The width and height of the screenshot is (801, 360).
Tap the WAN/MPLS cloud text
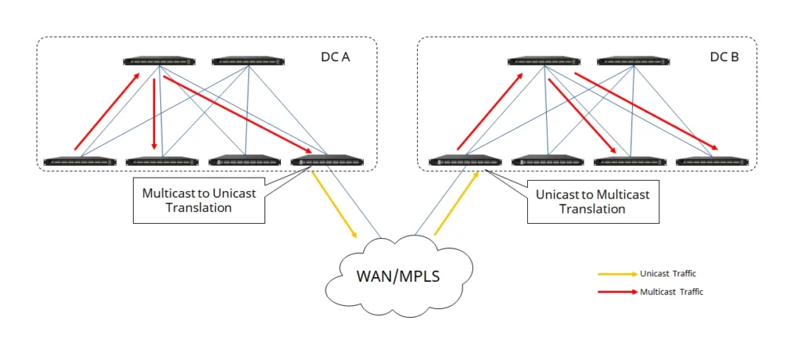click(400, 277)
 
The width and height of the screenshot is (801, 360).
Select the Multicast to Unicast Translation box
click(198, 200)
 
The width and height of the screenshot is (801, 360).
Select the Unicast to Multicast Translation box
click(592, 201)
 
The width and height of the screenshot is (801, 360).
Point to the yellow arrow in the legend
click(616, 274)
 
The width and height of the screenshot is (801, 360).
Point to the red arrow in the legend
click(616, 291)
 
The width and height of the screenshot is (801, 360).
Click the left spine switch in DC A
click(159, 61)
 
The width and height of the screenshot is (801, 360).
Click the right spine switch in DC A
click(247, 61)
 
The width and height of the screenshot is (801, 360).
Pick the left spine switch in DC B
click(544, 61)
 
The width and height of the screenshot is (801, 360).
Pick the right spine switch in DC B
click(632, 61)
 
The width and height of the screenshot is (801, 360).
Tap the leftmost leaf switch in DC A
click(80, 162)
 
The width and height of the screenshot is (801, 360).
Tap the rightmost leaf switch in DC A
click(326, 162)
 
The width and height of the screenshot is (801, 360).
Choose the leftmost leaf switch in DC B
click(465, 162)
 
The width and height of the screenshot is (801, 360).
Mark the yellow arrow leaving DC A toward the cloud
click(335, 204)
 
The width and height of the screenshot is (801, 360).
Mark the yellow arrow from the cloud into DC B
click(456, 203)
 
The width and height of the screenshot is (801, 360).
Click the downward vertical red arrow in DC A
click(154, 110)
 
